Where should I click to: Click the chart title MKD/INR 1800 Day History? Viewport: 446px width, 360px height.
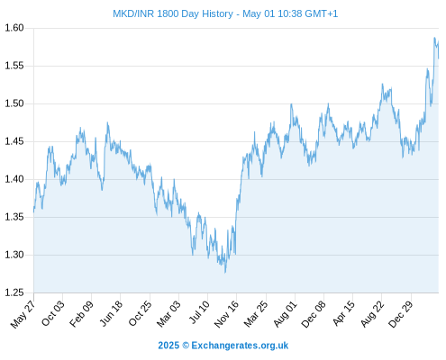click(x=173, y=13)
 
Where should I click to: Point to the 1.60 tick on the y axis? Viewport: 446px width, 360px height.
click(x=14, y=28)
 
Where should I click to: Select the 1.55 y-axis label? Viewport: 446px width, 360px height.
click(x=14, y=66)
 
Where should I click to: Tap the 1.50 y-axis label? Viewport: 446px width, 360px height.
click(x=14, y=103)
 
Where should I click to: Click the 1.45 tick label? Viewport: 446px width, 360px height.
click(x=14, y=141)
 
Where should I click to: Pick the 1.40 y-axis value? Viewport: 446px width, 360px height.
click(x=14, y=179)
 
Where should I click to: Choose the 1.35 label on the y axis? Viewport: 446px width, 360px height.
click(x=14, y=217)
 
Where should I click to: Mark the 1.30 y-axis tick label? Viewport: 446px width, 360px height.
click(x=14, y=255)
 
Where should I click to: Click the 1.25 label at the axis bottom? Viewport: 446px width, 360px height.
click(x=14, y=292)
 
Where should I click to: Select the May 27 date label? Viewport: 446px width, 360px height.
click(x=23, y=314)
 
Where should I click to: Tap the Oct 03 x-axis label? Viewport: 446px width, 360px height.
click(x=52, y=313)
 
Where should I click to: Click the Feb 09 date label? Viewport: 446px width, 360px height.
click(x=81, y=313)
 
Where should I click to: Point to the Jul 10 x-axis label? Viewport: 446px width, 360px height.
click(x=198, y=312)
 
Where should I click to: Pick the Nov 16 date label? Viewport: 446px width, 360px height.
click(x=226, y=314)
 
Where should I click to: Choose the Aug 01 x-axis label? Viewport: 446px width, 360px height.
click(x=285, y=314)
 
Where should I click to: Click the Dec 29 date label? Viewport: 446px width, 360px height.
click(x=401, y=314)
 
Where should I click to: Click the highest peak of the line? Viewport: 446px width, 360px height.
click(x=434, y=38)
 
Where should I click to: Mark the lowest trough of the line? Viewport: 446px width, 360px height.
click(x=225, y=273)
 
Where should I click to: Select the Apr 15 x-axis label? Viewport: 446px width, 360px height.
click(x=343, y=313)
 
